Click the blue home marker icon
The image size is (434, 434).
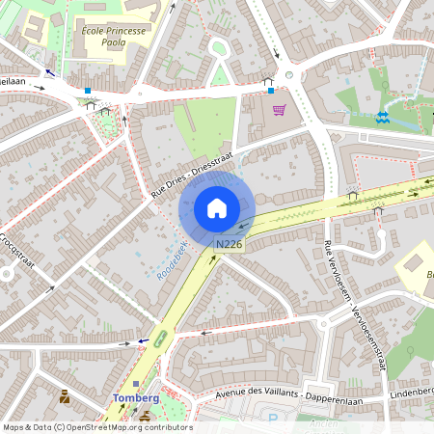[x=217, y=208]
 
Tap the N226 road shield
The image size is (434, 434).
[x=230, y=246]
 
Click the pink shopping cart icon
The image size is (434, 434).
[x=279, y=110]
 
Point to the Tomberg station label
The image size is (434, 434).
[x=135, y=398]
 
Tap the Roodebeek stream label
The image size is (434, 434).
[x=171, y=259]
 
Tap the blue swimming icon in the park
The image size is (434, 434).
[x=383, y=117]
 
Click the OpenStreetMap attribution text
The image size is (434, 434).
[x=97, y=427]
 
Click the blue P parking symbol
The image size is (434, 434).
[x=273, y=420]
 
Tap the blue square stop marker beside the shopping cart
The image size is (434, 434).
[x=271, y=91]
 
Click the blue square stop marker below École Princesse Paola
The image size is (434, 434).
[x=87, y=90]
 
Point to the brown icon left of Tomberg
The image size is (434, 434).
[x=65, y=395]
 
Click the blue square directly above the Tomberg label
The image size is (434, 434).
[x=135, y=384]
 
